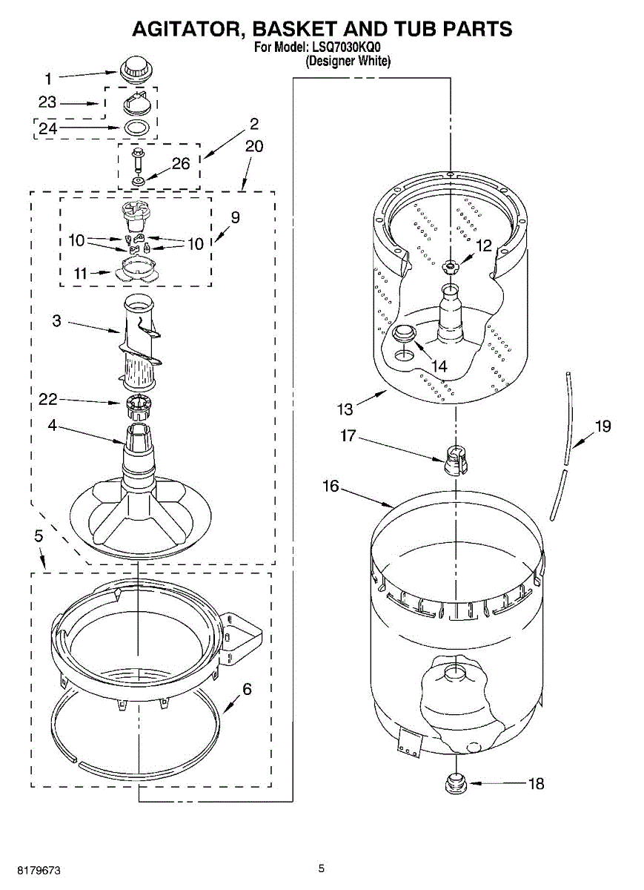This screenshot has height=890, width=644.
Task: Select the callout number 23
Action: (x=47, y=103)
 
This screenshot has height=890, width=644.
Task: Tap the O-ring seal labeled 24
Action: (x=134, y=127)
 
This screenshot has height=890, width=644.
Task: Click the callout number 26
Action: (x=181, y=164)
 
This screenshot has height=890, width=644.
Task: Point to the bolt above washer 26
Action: (x=137, y=159)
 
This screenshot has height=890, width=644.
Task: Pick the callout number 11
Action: (x=83, y=274)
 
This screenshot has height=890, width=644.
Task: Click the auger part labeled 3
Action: (x=139, y=341)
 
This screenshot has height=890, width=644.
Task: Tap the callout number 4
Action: (x=53, y=426)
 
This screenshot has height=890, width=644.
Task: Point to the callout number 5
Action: (x=38, y=535)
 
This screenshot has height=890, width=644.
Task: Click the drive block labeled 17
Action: (x=454, y=461)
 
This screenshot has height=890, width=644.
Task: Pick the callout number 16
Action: (x=331, y=487)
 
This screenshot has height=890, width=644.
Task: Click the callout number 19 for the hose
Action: (x=602, y=426)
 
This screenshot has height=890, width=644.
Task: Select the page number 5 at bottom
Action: (x=321, y=868)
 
